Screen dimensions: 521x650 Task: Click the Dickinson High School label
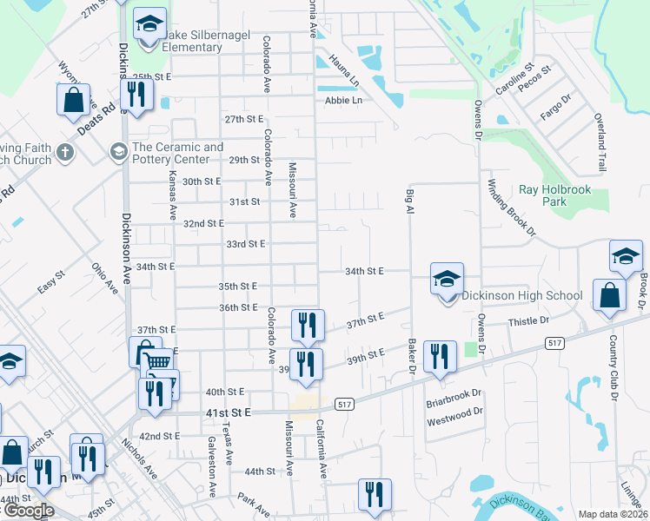(x=521, y=295)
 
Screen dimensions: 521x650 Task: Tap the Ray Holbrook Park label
(x=554, y=195)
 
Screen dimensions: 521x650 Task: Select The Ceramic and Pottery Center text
(x=177, y=153)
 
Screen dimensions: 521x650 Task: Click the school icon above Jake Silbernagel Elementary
(x=149, y=23)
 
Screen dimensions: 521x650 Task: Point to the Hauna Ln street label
(x=344, y=71)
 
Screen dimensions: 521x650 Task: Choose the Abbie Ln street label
(x=342, y=100)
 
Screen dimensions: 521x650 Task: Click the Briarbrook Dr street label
(x=454, y=402)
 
